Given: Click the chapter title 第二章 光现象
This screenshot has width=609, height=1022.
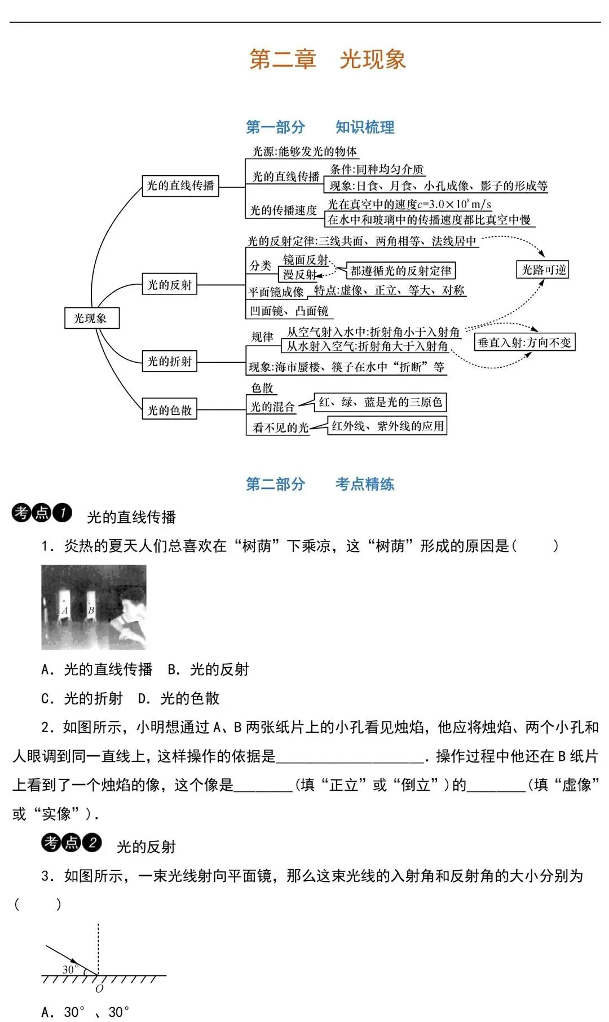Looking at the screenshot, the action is [x=328, y=59].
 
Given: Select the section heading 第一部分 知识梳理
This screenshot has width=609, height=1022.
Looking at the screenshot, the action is [x=320, y=127].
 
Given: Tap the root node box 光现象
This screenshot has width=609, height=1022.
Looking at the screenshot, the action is [x=91, y=318].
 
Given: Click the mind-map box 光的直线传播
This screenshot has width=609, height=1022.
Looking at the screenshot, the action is [x=180, y=186].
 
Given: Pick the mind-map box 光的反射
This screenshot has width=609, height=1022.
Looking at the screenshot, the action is [x=169, y=285].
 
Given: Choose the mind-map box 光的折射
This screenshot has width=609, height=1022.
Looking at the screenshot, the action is [x=169, y=361].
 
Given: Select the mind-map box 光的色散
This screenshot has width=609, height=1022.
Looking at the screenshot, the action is [x=169, y=410].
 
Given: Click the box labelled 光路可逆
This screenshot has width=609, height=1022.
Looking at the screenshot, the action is [x=543, y=270].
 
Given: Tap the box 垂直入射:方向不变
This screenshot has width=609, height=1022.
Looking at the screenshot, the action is [x=524, y=342].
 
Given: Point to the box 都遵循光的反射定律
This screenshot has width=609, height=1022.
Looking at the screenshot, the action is [x=401, y=271].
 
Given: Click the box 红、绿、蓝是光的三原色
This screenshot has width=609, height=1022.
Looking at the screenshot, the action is [x=380, y=402].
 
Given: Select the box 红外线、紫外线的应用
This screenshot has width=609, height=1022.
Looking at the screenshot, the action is [x=387, y=426].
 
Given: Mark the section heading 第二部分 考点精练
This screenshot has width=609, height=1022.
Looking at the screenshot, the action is [x=320, y=484].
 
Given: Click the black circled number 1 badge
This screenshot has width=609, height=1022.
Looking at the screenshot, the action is [x=63, y=513].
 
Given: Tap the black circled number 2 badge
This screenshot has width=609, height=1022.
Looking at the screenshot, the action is [x=92, y=842].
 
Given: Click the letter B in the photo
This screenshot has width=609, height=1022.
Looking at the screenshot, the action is [x=91, y=611].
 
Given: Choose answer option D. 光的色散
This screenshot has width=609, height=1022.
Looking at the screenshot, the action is [x=179, y=699].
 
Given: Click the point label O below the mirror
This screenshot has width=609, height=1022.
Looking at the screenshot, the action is [x=99, y=988].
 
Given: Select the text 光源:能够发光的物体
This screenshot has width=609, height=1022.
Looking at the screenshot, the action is [x=304, y=151].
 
